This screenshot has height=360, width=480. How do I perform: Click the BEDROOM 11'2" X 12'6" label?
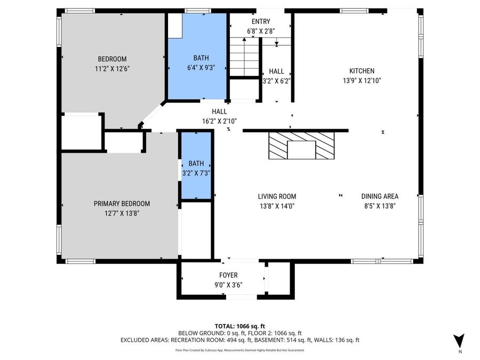tap(111, 63)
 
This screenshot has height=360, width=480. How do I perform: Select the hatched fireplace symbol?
tap(301, 146)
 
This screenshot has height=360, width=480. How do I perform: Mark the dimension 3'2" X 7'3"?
tap(196, 173)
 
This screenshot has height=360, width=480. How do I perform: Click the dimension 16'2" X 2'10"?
tap(219, 121)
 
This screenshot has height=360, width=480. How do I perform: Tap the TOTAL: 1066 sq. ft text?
tap(239, 325)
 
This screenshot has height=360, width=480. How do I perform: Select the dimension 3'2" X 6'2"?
tap(276, 81)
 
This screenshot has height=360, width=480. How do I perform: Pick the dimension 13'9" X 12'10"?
tap(362, 81)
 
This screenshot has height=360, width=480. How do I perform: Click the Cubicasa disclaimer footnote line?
tap(239, 350)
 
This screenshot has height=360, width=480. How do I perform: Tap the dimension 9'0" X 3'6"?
tap(228, 285)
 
